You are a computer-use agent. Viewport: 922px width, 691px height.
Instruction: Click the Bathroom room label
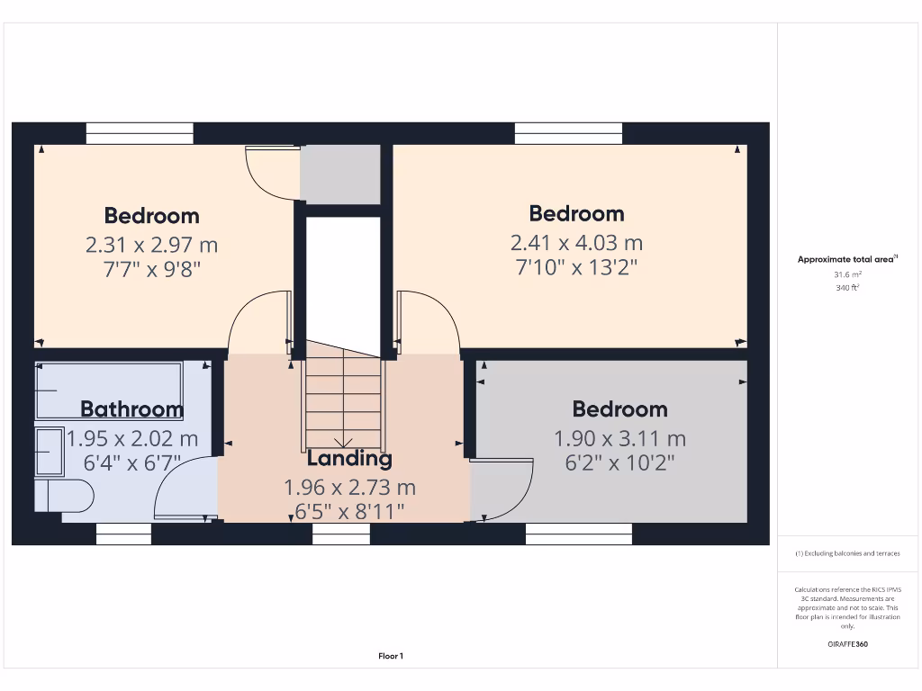[131, 409]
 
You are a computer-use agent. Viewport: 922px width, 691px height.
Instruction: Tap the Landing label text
[349, 458]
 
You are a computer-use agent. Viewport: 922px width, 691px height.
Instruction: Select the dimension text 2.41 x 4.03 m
[576, 243]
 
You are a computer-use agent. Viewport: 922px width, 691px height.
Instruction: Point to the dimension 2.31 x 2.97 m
[151, 245]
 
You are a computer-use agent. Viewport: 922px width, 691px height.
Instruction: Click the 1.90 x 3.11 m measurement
[619, 439]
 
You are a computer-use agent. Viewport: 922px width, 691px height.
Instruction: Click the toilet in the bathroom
[65, 495]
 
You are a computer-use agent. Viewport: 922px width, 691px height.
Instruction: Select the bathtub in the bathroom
[108, 390]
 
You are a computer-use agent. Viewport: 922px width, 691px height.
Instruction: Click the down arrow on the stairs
[343, 441]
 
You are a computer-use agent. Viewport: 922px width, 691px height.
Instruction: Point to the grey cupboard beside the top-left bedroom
[340, 174]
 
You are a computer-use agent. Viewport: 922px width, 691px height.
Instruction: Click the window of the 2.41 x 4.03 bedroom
[568, 133]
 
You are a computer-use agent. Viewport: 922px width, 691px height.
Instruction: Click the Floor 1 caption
[390, 657]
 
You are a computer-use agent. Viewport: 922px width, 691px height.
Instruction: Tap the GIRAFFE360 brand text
[847, 644]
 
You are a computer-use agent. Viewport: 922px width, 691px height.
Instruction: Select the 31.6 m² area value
[846, 274]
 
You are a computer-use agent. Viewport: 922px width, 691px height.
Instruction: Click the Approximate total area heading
[846, 259]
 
